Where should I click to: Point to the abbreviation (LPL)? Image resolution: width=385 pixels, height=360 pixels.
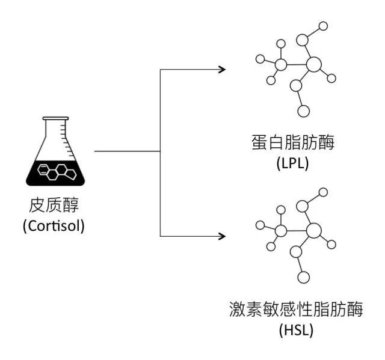293,162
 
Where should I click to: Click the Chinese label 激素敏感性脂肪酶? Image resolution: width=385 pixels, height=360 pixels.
297,311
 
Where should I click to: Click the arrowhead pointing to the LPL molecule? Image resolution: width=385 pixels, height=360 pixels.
223,69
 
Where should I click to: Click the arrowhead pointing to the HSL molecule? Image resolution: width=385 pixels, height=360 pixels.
223,235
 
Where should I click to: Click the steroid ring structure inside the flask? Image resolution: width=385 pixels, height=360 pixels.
57,173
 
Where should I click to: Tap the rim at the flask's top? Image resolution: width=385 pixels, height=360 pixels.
55,118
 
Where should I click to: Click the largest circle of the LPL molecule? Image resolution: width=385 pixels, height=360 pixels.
314,64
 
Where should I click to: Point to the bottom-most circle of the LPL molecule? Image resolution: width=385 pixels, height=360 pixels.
303,111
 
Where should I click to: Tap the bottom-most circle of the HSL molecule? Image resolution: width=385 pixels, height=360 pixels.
303,278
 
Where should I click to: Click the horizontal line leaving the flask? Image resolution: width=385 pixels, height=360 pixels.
126,151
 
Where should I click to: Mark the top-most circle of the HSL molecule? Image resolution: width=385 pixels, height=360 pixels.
323,193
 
